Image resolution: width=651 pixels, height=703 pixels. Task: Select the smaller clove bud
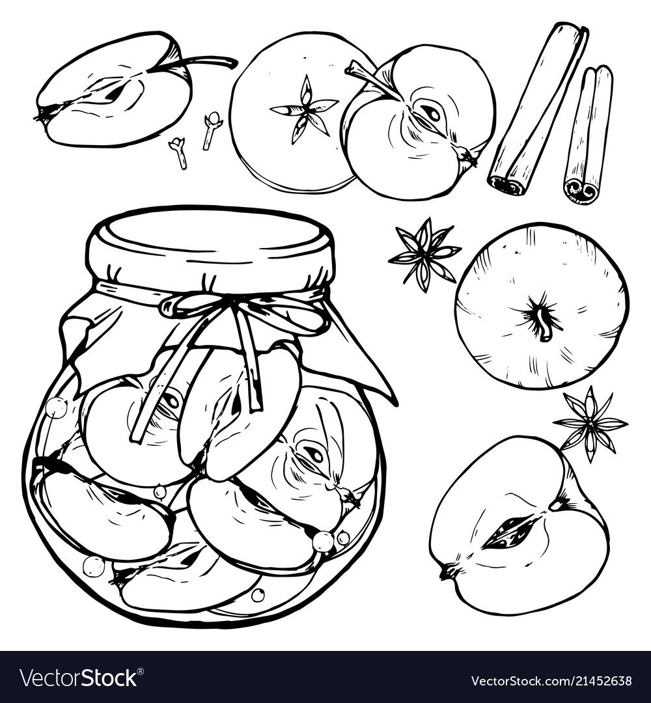(x=178, y=152)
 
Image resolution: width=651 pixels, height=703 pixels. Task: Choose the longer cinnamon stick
(x=538, y=110)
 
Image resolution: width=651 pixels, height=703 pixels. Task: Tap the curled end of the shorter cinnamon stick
(x=581, y=191)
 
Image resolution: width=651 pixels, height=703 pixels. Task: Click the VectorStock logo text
(x=79, y=677)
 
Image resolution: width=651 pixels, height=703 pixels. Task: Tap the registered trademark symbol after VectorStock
(x=141, y=670)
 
